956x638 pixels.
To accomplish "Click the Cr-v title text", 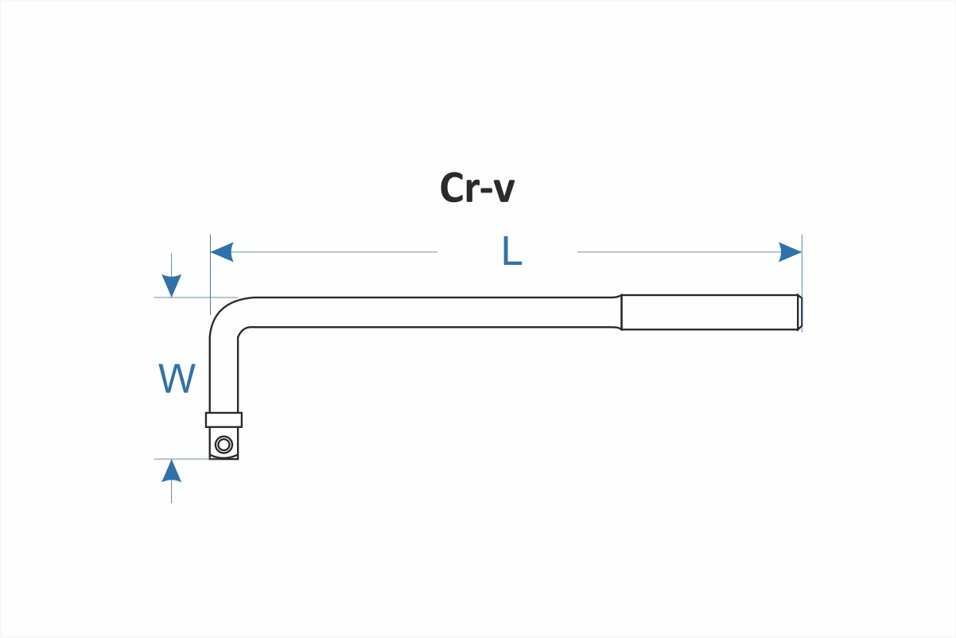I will point(477,189).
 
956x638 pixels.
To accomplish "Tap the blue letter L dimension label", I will point(511,252).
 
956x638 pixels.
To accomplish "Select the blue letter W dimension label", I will point(177,379).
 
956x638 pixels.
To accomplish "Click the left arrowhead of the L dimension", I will point(221,252).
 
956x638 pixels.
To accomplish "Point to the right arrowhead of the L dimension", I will point(790,252).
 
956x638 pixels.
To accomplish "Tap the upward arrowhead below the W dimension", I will point(171,471).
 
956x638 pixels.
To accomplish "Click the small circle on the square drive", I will point(223,445).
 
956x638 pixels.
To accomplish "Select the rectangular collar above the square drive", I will point(223,420).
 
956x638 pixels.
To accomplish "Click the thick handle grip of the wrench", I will point(708,312).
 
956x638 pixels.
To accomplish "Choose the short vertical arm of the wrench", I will point(223,374).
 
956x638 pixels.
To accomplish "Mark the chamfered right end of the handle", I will point(799,312).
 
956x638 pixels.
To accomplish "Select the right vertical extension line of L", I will point(802,270).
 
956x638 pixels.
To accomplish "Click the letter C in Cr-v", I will point(453,189).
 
